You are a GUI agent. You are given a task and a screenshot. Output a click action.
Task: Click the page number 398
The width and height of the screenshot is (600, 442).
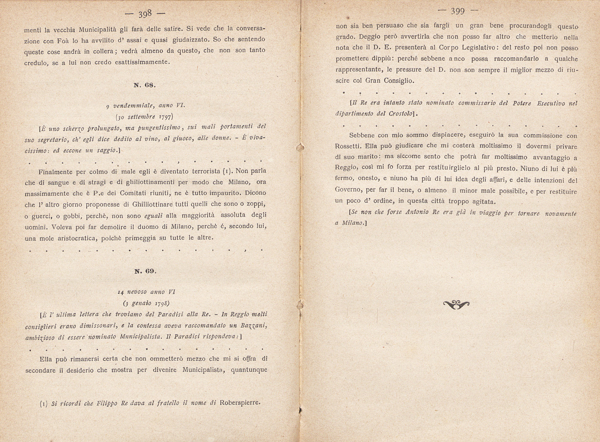[145, 14]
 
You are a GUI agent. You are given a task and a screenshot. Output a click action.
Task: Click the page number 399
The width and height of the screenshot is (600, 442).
[458, 11]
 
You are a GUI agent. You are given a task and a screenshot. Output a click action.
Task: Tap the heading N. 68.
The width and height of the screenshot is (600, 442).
[145, 85]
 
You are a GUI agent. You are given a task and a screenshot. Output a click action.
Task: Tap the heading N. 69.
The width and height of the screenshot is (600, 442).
[145, 271]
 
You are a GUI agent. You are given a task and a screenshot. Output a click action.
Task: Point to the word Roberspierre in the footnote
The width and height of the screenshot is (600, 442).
[240, 402]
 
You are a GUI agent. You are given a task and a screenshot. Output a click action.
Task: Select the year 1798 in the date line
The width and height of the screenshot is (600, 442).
[162, 303]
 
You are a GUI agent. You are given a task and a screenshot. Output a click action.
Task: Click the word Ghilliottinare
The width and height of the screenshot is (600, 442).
[152, 205]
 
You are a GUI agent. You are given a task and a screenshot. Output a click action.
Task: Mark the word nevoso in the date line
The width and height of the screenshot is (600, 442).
[137, 292]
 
